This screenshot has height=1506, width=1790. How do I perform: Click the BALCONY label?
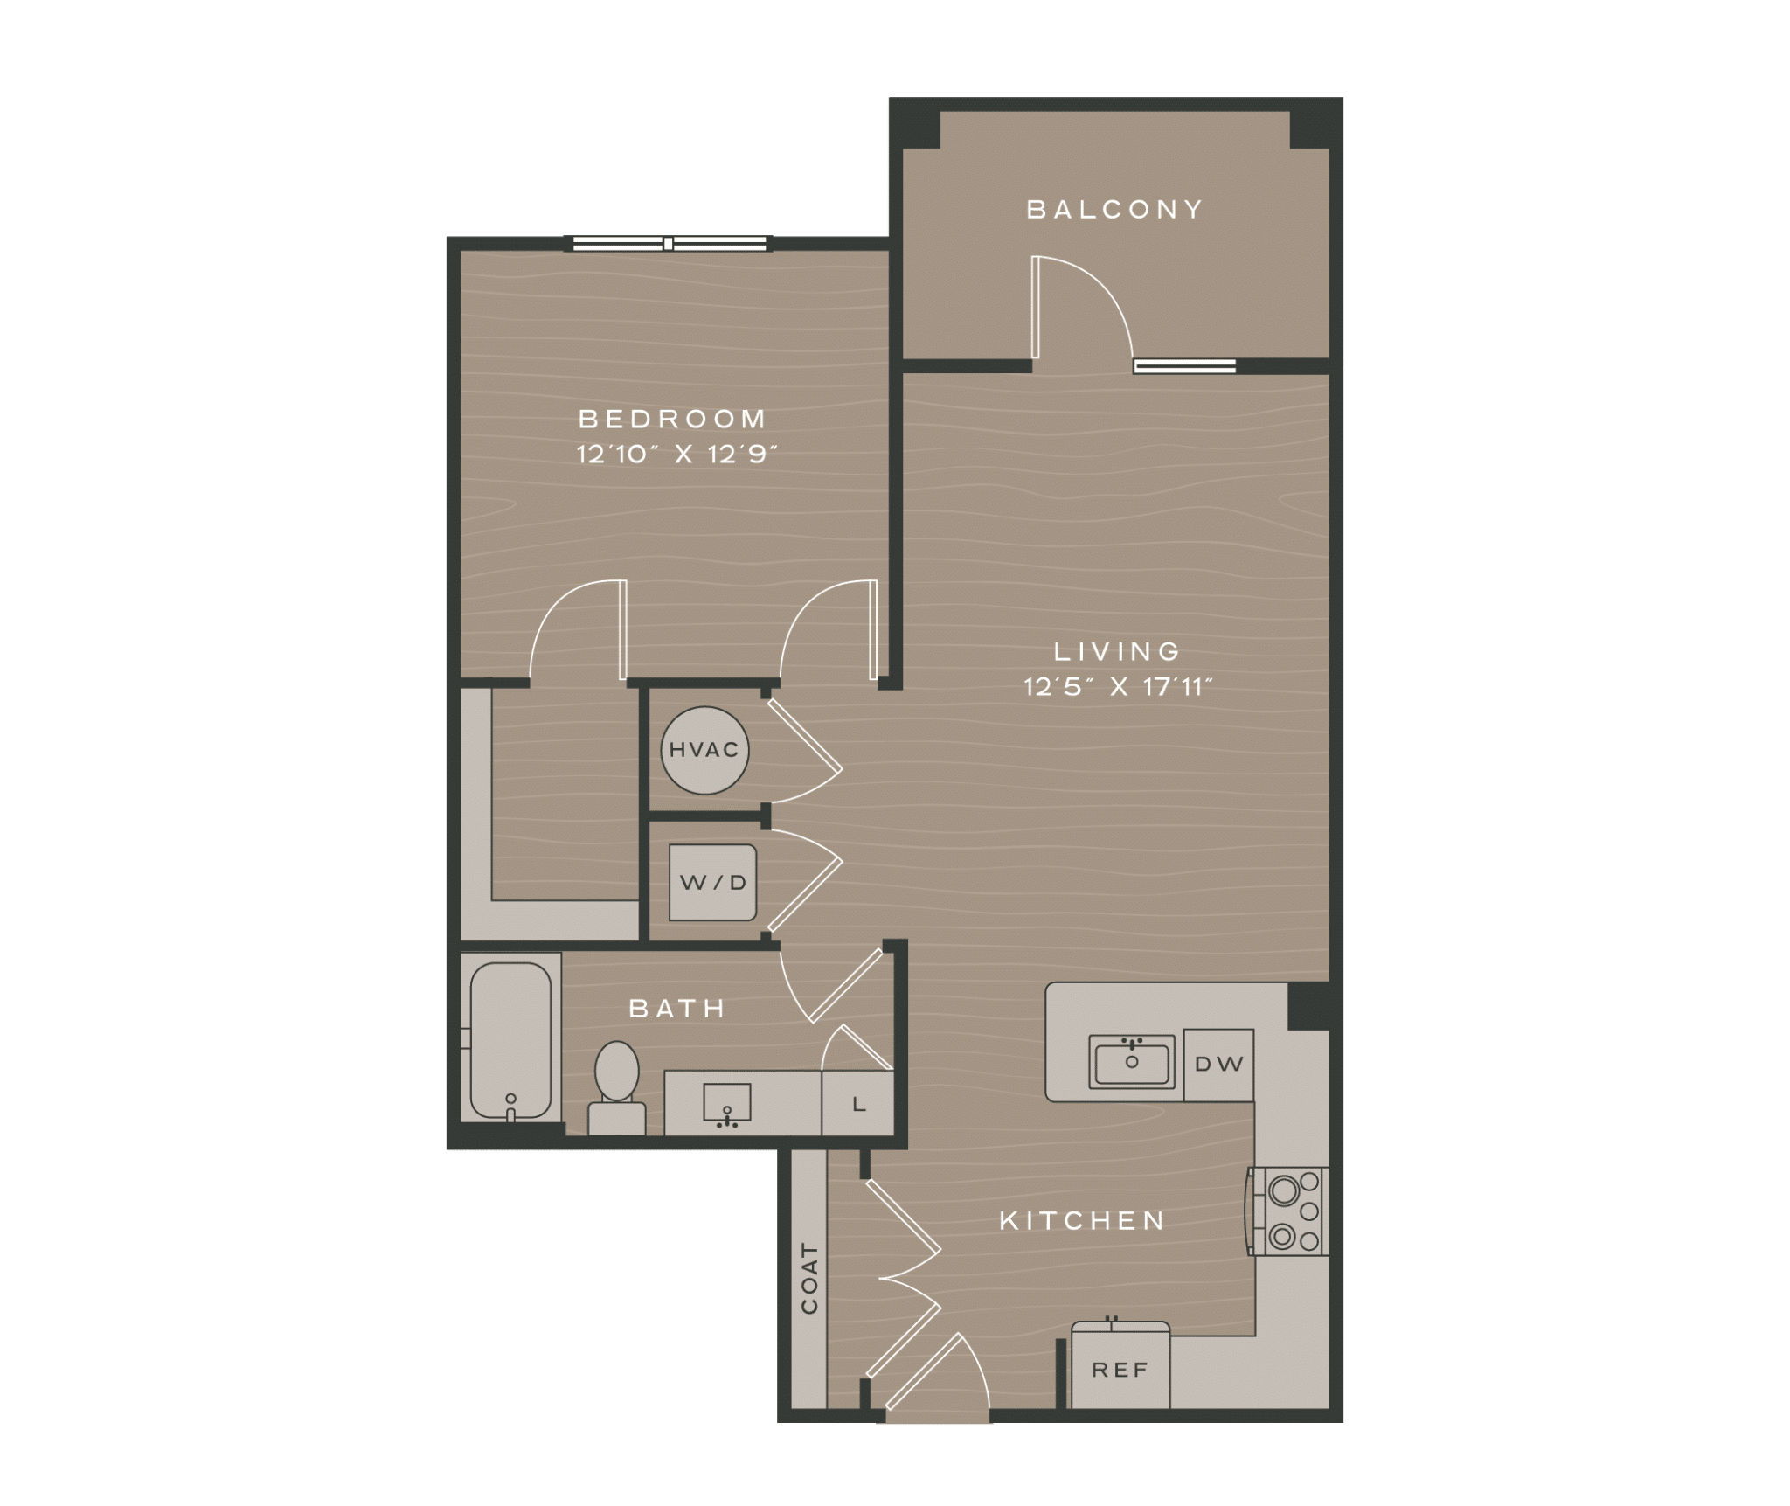(x=1114, y=210)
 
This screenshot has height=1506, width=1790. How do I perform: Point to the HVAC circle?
(x=704, y=750)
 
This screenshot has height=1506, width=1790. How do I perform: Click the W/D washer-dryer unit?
(x=713, y=882)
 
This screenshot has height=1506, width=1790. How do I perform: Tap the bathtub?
(x=510, y=1039)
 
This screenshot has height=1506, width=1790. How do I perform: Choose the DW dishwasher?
(x=1218, y=1064)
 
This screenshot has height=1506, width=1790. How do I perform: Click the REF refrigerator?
(x=1120, y=1370)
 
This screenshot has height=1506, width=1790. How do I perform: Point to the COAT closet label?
(x=809, y=1278)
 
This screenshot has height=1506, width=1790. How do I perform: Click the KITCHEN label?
(x=1082, y=1221)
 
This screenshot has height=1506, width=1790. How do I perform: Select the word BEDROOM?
(x=672, y=419)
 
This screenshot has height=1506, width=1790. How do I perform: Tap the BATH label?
(x=677, y=1009)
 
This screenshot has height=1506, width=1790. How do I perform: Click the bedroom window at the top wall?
(x=670, y=244)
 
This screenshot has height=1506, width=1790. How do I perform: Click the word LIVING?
(x=1117, y=651)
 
